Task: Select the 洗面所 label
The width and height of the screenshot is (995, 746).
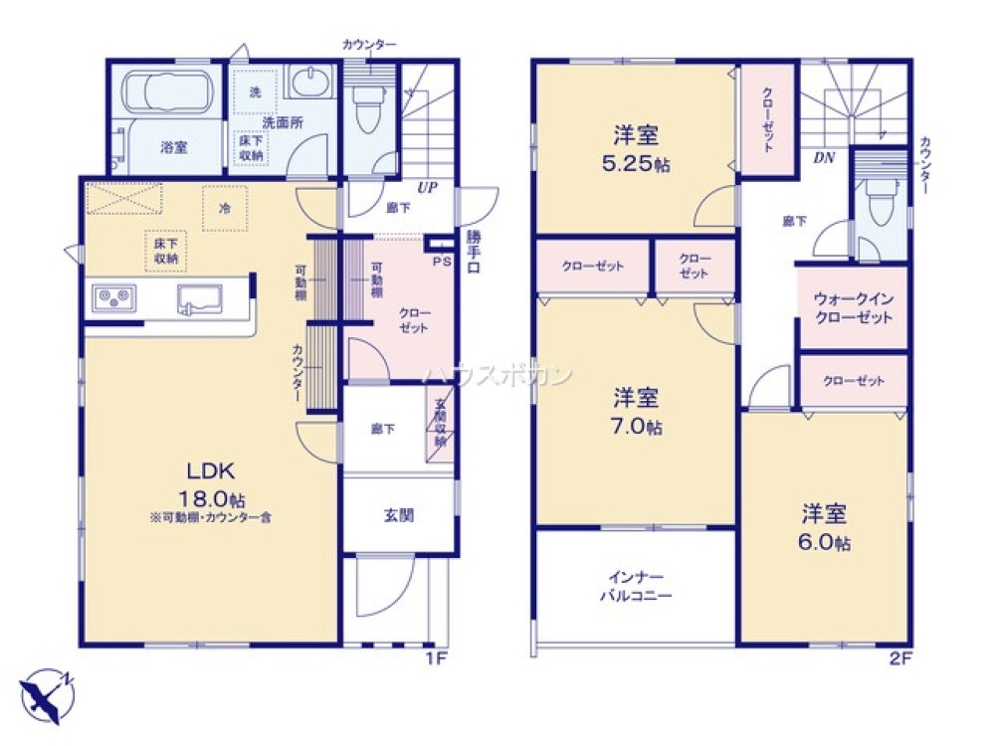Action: click(283, 122)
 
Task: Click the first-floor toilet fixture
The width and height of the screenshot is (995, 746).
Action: click(366, 107)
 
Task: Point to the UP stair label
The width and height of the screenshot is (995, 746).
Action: click(427, 187)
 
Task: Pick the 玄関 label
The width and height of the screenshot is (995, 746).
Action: click(399, 515)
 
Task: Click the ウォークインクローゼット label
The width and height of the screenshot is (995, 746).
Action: click(853, 307)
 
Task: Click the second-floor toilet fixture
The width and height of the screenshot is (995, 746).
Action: click(880, 206)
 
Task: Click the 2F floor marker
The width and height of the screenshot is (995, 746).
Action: click(898, 657)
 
